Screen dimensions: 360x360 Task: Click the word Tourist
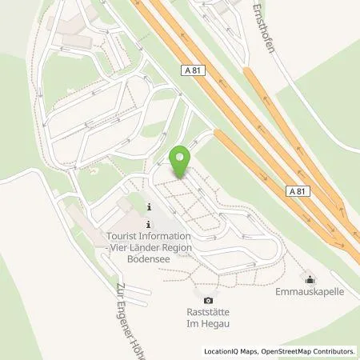click(x=125, y=237)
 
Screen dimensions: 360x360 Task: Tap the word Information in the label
click(x=166, y=237)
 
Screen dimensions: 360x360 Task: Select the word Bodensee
click(x=148, y=260)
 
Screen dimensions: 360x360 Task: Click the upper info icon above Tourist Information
click(x=149, y=209)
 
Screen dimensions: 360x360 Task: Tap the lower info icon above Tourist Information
click(x=149, y=225)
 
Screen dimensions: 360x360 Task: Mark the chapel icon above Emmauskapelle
click(x=310, y=278)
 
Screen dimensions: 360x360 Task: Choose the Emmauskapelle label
click(x=310, y=292)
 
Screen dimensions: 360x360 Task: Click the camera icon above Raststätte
click(x=208, y=300)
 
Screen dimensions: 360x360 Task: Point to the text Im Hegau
click(x=208, y=326)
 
